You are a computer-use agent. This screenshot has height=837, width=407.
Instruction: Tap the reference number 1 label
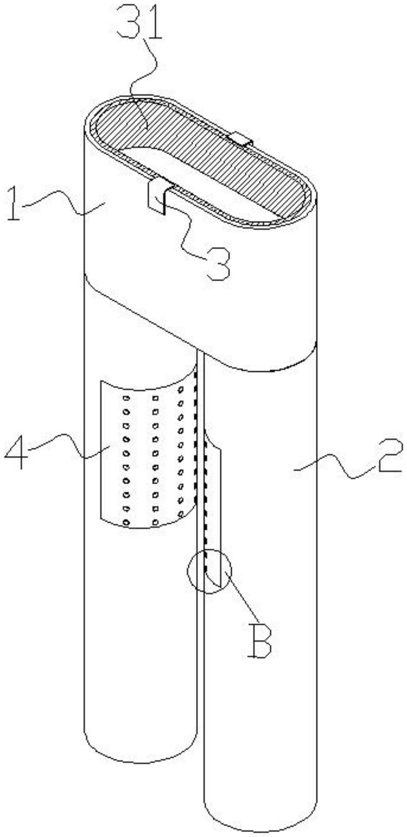14,207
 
